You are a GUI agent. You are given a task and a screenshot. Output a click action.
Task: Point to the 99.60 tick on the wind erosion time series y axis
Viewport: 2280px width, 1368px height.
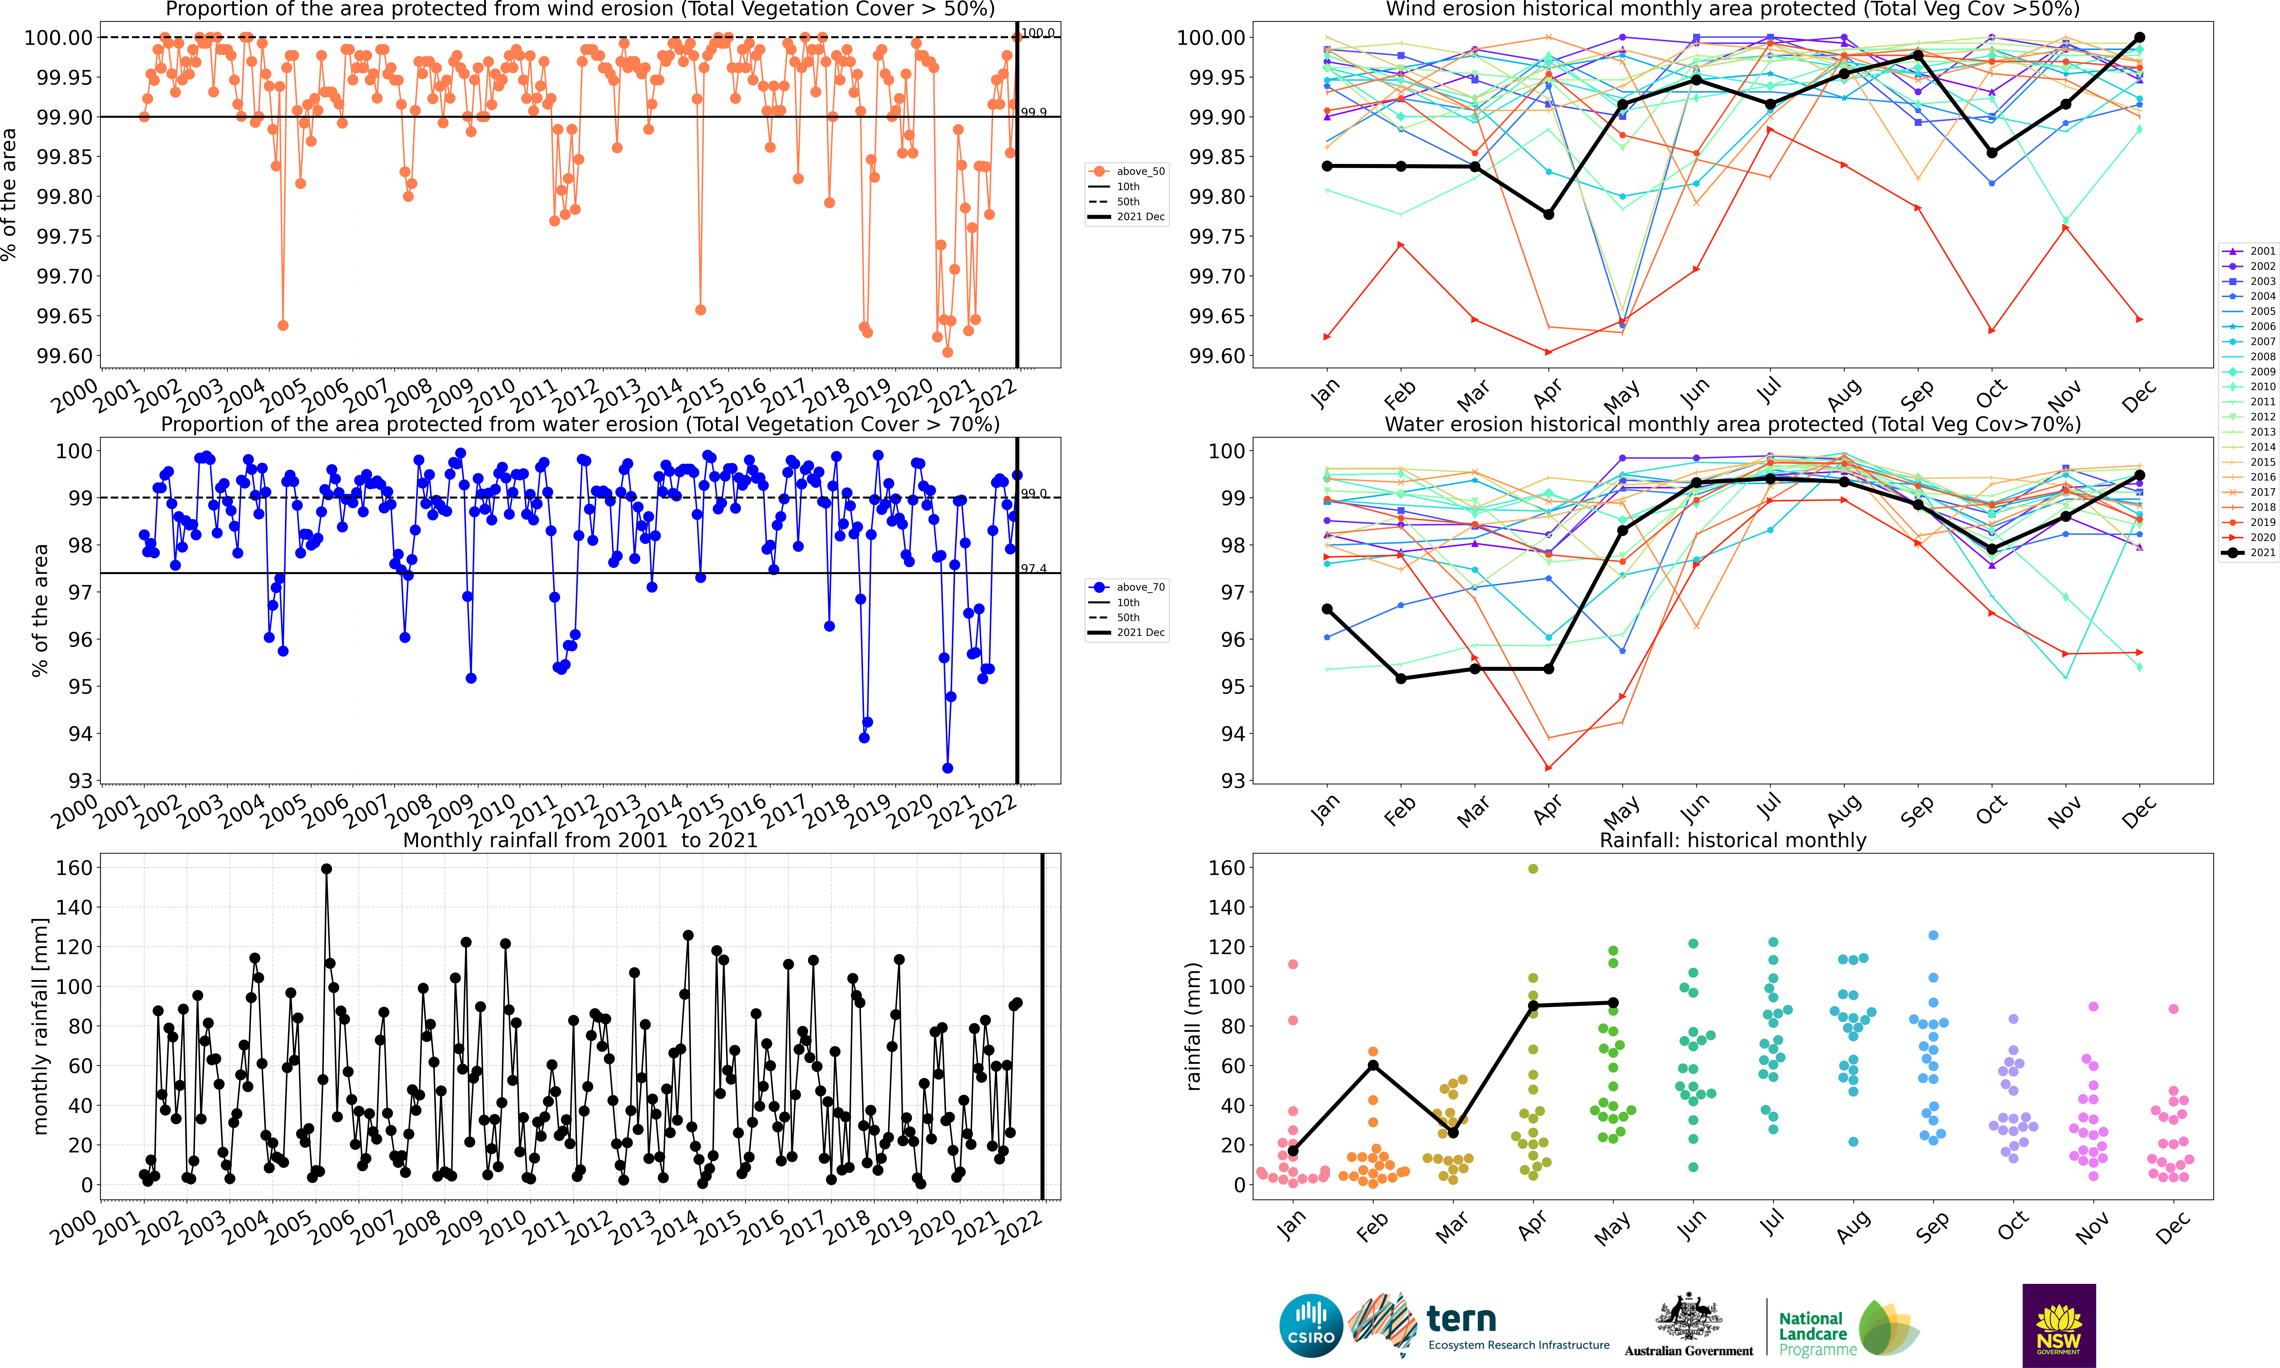coord(65,356)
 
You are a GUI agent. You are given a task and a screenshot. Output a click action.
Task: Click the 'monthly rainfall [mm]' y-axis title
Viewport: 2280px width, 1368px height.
coord(39,1026)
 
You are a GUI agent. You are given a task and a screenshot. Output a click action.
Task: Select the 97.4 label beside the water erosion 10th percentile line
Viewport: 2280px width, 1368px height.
coord(1034,569)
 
